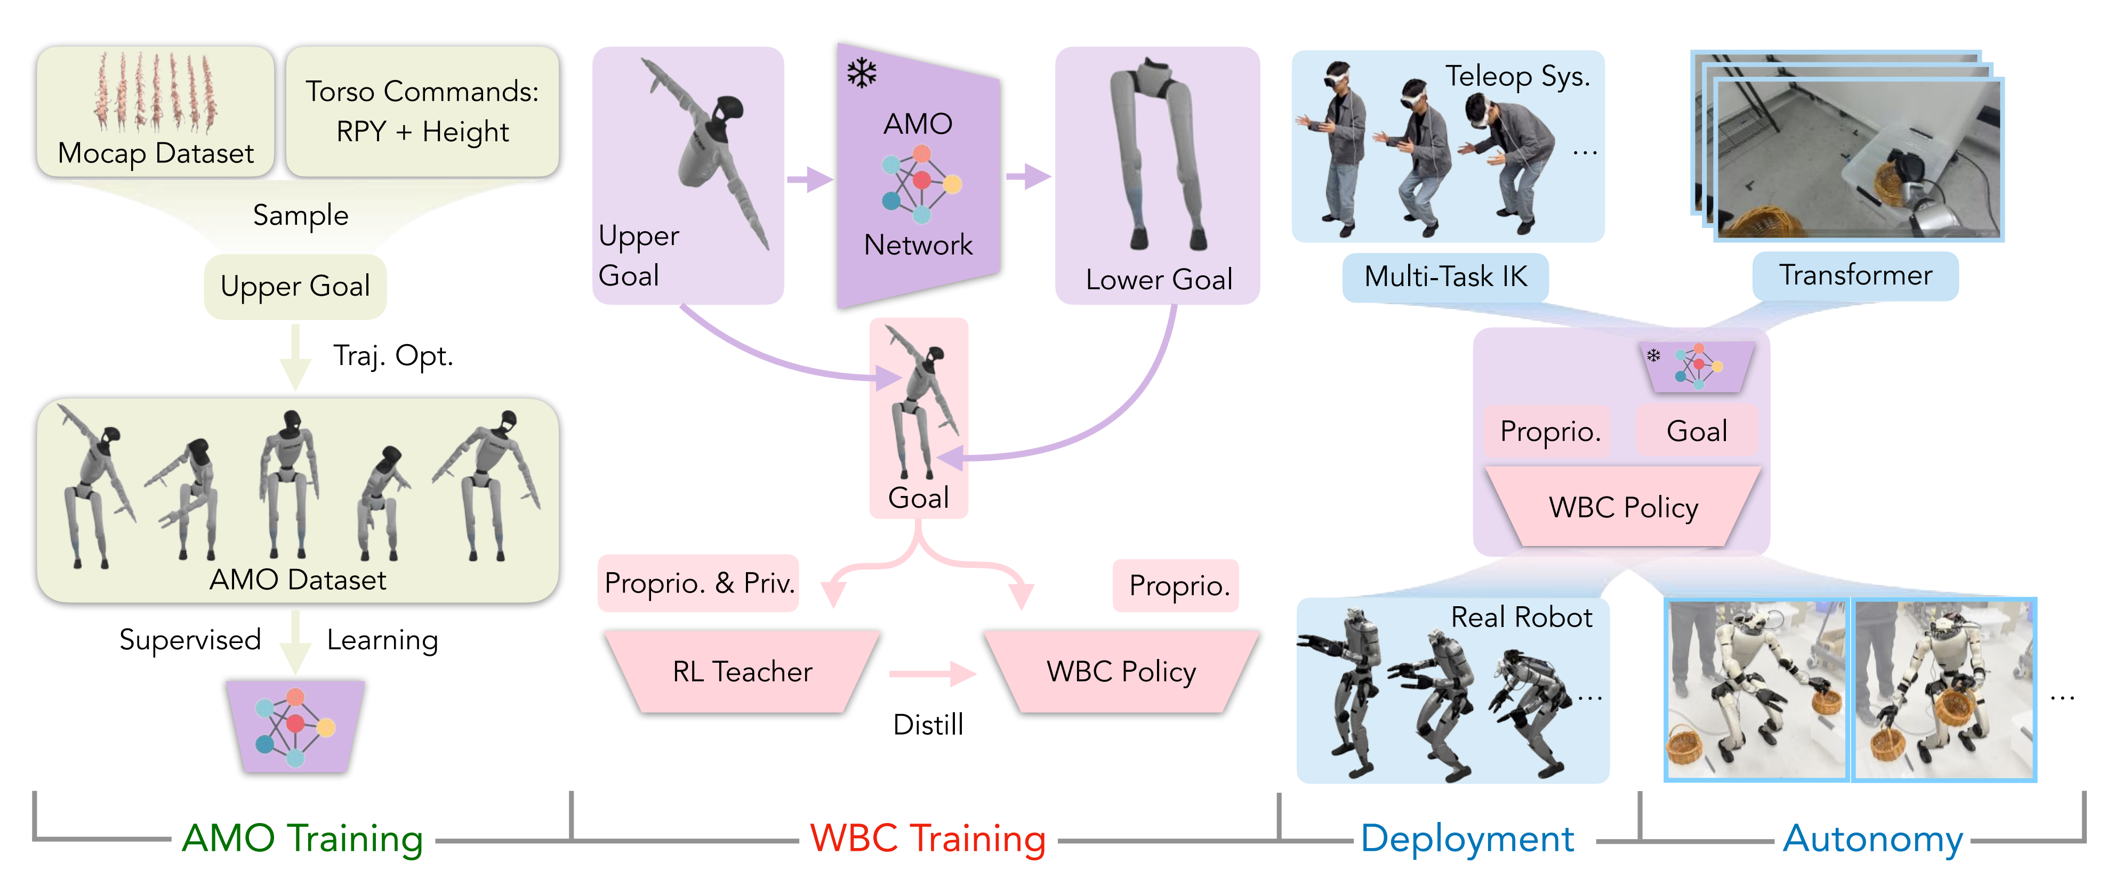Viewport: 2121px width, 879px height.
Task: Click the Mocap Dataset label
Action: pos(156,153)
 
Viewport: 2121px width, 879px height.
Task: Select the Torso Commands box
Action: pos(422,111)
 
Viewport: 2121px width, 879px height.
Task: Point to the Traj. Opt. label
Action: pos(393,355)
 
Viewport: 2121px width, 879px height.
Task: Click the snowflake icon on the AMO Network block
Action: pos(861,74)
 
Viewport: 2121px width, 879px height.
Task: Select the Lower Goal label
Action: pos(1159,280)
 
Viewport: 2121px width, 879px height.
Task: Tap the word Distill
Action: pos(928,725)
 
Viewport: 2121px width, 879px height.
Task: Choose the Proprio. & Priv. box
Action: pos(699,583)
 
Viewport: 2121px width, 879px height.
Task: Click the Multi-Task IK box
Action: pos(1445,276)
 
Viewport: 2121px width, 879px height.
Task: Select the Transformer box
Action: pos(1855,275)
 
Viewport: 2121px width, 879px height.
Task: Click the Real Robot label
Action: pos(1521,617)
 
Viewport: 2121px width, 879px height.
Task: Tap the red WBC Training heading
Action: pos(928,839)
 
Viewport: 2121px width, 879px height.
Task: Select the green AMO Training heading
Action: pos(302,839)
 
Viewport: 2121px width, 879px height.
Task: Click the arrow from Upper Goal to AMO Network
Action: pos(809,178)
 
